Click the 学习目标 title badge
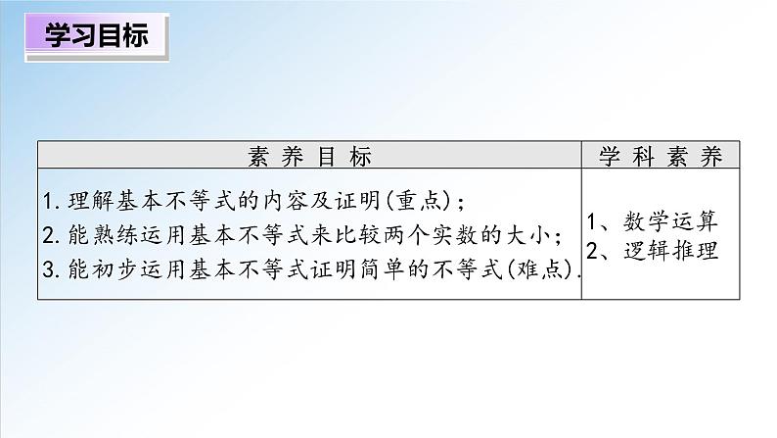pyautogui.click(x=96, y=38)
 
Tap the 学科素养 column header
pyautogui.click(x=661, y=156)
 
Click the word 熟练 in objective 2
pyautogui.click(x=114, y=234)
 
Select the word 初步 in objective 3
pyautogui.click(x=114, y=267)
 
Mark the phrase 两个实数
pyautogui.click(x=431, y=234)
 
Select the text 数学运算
pyautogui.click(x=674, y=220)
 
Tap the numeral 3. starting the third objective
pyautogui.click(x=54, y=267)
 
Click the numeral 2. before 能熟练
pyautogui.click(x=54, y=234)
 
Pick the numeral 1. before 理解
pyautogui.click(x=54, y=202)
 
